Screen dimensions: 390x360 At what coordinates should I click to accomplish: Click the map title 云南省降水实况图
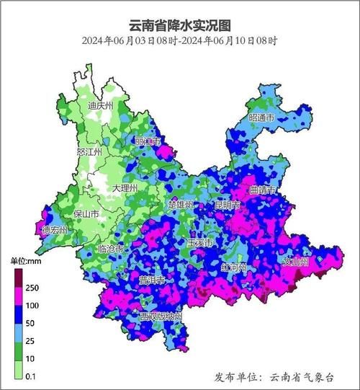(179, 24)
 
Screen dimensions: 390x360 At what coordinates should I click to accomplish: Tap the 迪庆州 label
(100, 106)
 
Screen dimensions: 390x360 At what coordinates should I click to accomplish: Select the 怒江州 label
(89, 153)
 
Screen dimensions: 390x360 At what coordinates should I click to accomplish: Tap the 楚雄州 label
(181, 205)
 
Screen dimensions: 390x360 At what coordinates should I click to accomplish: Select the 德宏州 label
(54, 230)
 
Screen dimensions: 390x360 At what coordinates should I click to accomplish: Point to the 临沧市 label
(110, 249)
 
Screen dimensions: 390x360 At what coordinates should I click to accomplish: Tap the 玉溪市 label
(199, 243)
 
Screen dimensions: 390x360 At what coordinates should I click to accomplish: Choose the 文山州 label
(296, 262)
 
